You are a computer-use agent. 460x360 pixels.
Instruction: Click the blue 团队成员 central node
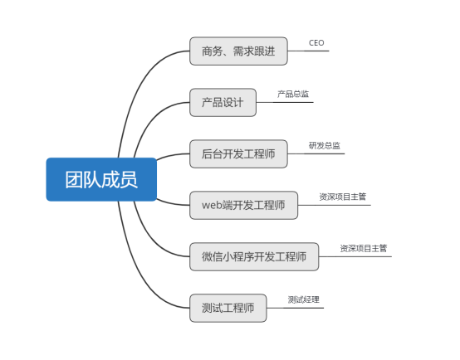coord(101,179)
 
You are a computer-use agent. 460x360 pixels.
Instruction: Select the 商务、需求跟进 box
coord(238,51)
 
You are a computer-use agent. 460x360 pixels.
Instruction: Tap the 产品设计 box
coord(223,102)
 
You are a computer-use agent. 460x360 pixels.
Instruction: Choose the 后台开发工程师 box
coord(238,154)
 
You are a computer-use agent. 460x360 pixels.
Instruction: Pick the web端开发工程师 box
coord(244,205)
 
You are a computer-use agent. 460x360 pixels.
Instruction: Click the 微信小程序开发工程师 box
coord(254,256)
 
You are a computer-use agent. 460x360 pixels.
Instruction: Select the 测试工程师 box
coord(228,308)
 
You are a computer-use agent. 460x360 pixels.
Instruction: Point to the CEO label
coord(316,43)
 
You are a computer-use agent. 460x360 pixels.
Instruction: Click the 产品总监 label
coord(293,94)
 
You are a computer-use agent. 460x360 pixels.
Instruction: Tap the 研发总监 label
coord(325,145)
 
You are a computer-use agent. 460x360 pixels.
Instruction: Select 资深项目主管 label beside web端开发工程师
coord(343,197)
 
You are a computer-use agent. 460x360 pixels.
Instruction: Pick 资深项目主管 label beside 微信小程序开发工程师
coord(364,248)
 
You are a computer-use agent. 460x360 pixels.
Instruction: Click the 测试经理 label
coord(304,299)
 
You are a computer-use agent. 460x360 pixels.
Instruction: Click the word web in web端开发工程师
coord(212,205)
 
